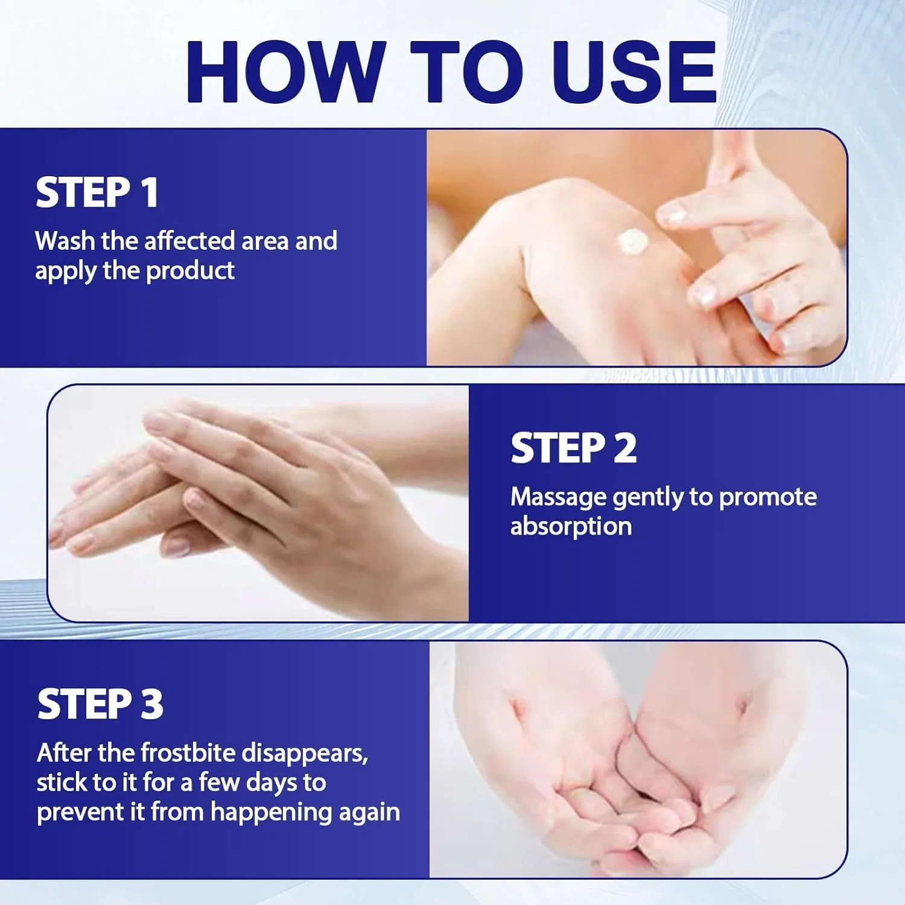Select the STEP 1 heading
(97, 193)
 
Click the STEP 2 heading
(573, 448)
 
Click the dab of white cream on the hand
(632, 242)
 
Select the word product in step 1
(190, 271)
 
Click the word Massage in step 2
(558, 498)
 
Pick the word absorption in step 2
(571, 526)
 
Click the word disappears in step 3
(305, 754)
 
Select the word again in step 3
(369, 813)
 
